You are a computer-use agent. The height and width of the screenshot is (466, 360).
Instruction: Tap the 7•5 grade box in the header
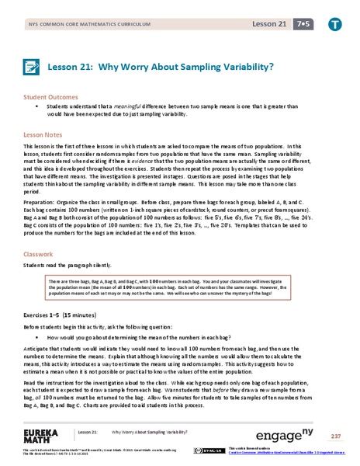click(299, 23)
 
